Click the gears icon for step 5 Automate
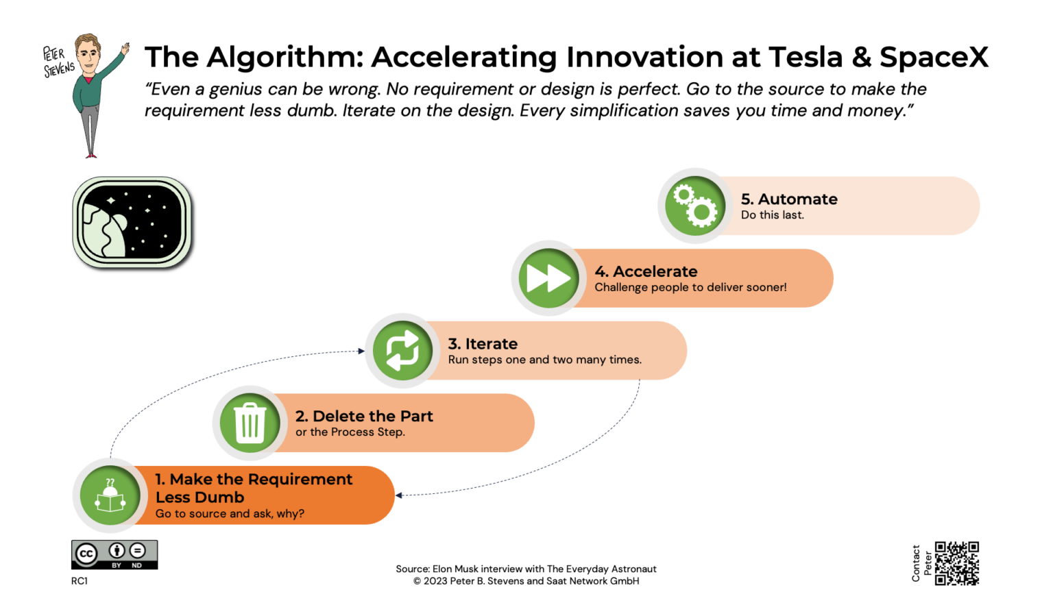(695, 206)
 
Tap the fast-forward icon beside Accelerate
(548, 278)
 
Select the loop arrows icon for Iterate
(402, 351)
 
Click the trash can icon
(250, 423)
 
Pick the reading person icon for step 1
(110, 495)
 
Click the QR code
(957, 563)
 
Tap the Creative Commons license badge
(114, 554)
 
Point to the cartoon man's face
(88, 53)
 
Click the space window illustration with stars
(132, 222)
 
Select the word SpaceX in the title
(934, 57)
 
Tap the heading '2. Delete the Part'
(364, 416)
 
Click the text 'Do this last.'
(772, 215)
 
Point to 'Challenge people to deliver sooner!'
(690, 287)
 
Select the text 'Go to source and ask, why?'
(230, 513)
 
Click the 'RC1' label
(80, 581)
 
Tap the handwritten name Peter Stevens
(58, 62)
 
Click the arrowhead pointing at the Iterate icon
(361, 351)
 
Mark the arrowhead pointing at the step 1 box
(399, 495)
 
